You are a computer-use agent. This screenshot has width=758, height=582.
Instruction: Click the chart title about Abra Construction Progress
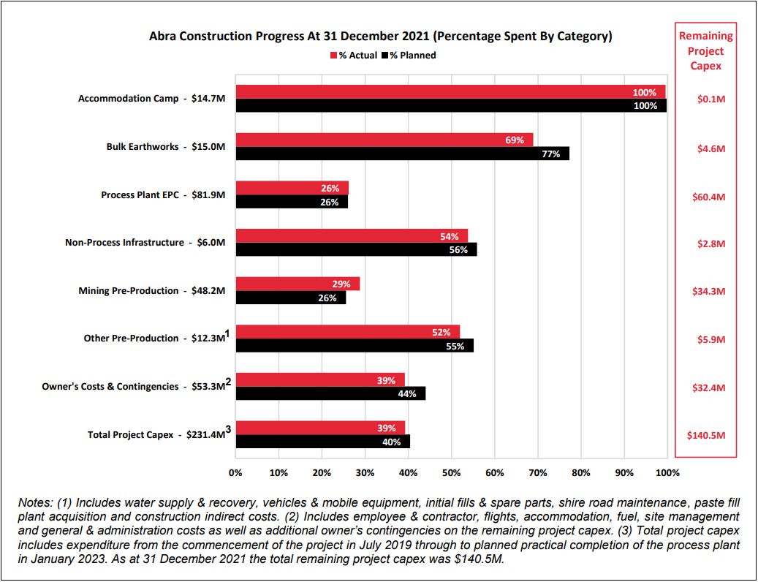pos(380,35)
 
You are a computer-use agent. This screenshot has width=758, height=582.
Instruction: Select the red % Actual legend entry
pos(356,55)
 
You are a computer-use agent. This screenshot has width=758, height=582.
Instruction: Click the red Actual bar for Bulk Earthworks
pos(384,140)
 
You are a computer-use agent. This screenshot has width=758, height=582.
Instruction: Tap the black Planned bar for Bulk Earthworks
pos(402,154)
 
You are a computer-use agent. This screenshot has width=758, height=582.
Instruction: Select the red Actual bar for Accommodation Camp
pos(450,92)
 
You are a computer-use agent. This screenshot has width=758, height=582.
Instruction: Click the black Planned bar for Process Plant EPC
pos(292,202)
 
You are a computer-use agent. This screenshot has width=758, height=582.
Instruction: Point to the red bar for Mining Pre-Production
pos(297,284)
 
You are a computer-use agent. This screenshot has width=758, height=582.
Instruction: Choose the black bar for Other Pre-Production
pos(355,346)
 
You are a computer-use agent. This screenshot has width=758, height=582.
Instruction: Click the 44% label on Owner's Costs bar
pos(407,394)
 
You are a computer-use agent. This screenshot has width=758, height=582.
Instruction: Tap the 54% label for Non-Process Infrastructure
pos(450,236)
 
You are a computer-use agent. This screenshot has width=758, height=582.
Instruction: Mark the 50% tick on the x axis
pos(452,472)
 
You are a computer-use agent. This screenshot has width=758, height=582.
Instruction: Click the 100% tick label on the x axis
pos(667,472)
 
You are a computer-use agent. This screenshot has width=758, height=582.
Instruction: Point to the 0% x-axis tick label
pos(235,472)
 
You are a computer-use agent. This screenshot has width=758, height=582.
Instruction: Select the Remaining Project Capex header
pos(706,50)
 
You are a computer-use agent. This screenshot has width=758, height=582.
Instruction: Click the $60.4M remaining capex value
pos(707,197)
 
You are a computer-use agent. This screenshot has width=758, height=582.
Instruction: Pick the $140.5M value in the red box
pos(706,435)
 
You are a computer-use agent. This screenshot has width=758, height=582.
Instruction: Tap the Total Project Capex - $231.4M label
pos(156,434)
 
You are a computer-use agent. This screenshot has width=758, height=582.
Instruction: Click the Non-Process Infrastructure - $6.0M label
pos(145,243)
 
